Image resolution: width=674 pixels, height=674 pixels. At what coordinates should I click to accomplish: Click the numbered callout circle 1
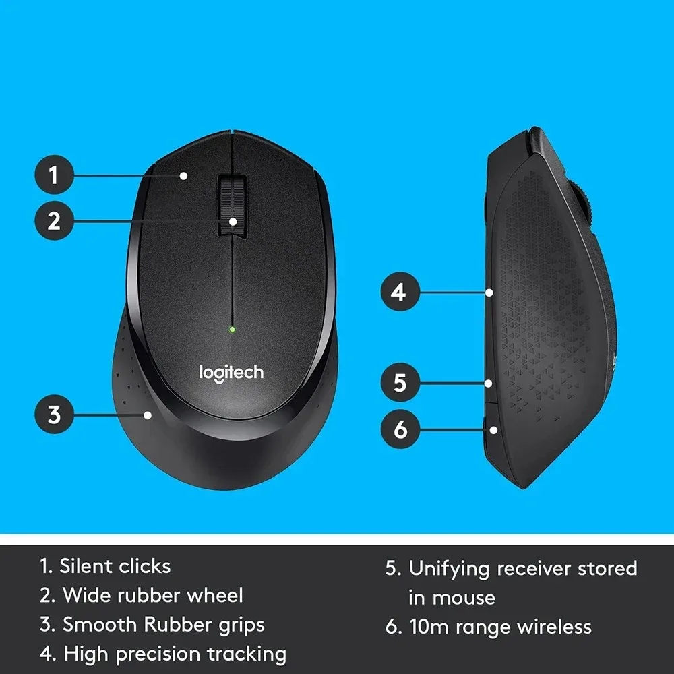53,176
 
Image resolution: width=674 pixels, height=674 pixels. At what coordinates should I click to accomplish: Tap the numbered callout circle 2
53,220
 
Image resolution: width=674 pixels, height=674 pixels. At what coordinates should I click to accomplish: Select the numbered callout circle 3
53,414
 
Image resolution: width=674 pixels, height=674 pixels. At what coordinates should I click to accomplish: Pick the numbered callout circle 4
400,293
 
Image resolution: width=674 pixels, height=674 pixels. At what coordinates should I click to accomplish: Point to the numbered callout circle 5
400,383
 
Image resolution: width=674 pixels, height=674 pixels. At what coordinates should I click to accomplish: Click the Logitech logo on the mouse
231,372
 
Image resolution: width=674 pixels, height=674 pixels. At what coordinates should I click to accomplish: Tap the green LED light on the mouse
231,330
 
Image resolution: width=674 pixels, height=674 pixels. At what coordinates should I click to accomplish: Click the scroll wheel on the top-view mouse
231,205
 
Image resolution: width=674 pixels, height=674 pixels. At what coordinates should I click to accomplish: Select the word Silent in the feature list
87,566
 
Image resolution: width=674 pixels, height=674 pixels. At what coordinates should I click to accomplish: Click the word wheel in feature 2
215,596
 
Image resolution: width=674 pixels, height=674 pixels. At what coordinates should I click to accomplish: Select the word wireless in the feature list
554,627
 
